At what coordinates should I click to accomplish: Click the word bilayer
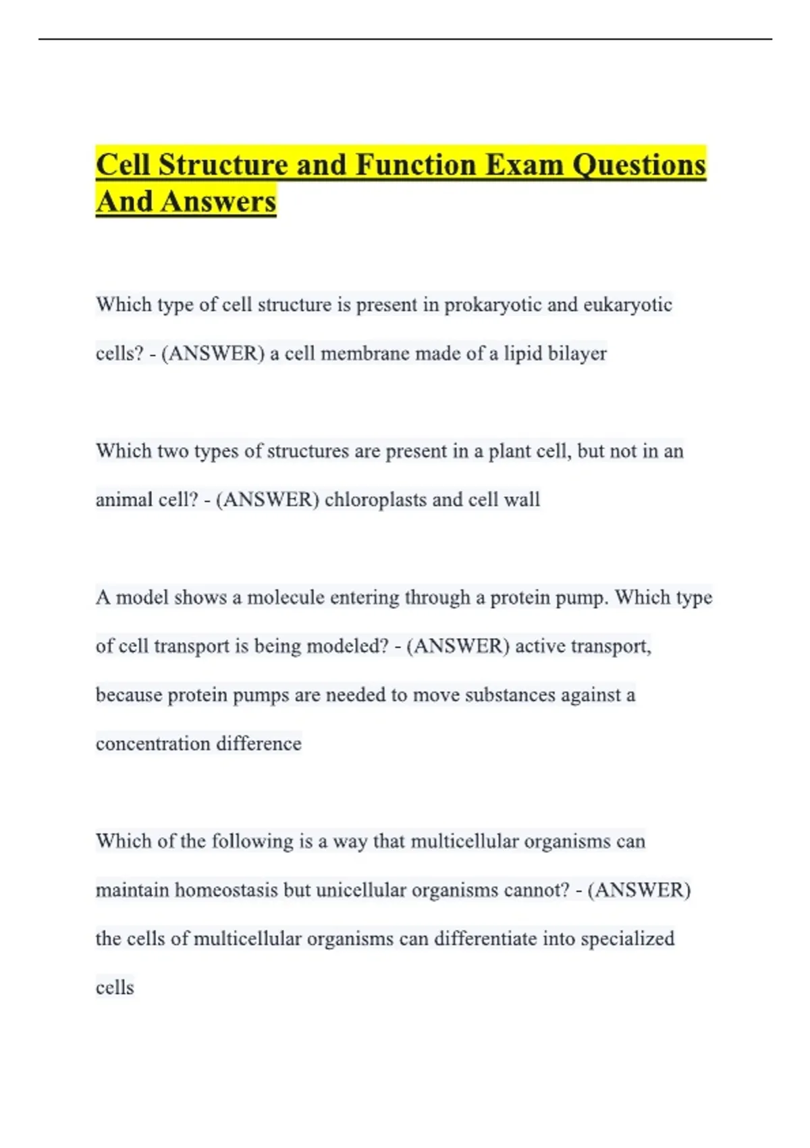coord(577,353)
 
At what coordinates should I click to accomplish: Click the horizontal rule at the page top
coord(405,39)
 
